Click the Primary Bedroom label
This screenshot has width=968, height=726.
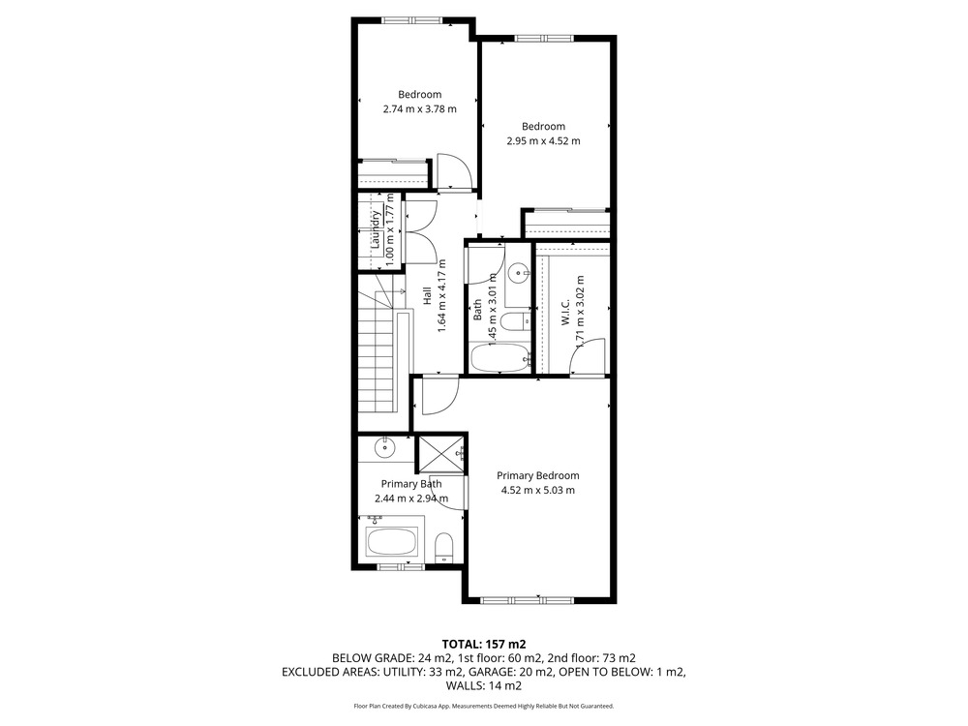[537, 475]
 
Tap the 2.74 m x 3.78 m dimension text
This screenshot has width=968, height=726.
[420, 109]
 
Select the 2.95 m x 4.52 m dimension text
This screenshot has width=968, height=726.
[543, 140]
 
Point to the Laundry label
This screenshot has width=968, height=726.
[376, 229]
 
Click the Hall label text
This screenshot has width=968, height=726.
[427, 296]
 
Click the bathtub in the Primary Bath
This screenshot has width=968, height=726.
[393, 541]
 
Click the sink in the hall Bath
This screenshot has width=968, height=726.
[517, 272]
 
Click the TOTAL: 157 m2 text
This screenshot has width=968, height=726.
[484, 645]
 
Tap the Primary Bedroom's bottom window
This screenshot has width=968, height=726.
[527, 599]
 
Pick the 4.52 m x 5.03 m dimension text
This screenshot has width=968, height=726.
[537, 490]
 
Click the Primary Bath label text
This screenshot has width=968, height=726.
[411, 484]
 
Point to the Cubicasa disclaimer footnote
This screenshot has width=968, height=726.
[484, 706]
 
